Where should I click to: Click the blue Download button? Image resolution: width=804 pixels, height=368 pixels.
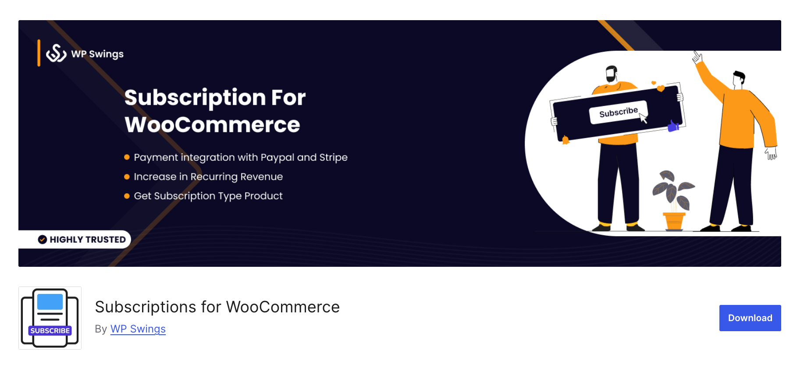coord(750,318)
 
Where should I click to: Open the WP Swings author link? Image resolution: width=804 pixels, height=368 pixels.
coord(138,329)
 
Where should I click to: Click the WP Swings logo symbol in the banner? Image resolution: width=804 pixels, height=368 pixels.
coord(56,53)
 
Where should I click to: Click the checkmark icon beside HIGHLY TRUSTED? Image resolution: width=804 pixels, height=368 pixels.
coord(43,240)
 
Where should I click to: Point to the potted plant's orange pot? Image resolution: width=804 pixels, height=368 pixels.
coord(674,220)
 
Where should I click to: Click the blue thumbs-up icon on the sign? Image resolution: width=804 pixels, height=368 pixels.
coord(673,127)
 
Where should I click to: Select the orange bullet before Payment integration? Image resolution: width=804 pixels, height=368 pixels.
coord(127,157)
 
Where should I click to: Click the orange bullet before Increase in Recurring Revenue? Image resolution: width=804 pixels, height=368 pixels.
coord(127,177)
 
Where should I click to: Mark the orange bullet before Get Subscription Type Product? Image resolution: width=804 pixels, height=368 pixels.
coord(127,196)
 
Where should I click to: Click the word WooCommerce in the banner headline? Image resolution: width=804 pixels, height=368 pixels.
coord(212,125)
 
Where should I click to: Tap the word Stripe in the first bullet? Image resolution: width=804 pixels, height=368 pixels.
coord(333,157)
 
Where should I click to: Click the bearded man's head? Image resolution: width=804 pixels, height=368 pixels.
coord(612,73)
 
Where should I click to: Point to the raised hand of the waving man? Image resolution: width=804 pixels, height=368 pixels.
coord(697,57)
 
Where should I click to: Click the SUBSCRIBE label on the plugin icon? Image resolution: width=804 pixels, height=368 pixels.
coord(50,331)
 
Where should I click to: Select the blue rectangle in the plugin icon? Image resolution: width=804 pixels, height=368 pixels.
coord(50,302)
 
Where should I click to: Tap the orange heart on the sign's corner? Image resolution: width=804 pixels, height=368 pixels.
coord(660,88)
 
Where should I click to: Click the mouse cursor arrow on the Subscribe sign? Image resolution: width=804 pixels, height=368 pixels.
coord(643,118)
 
